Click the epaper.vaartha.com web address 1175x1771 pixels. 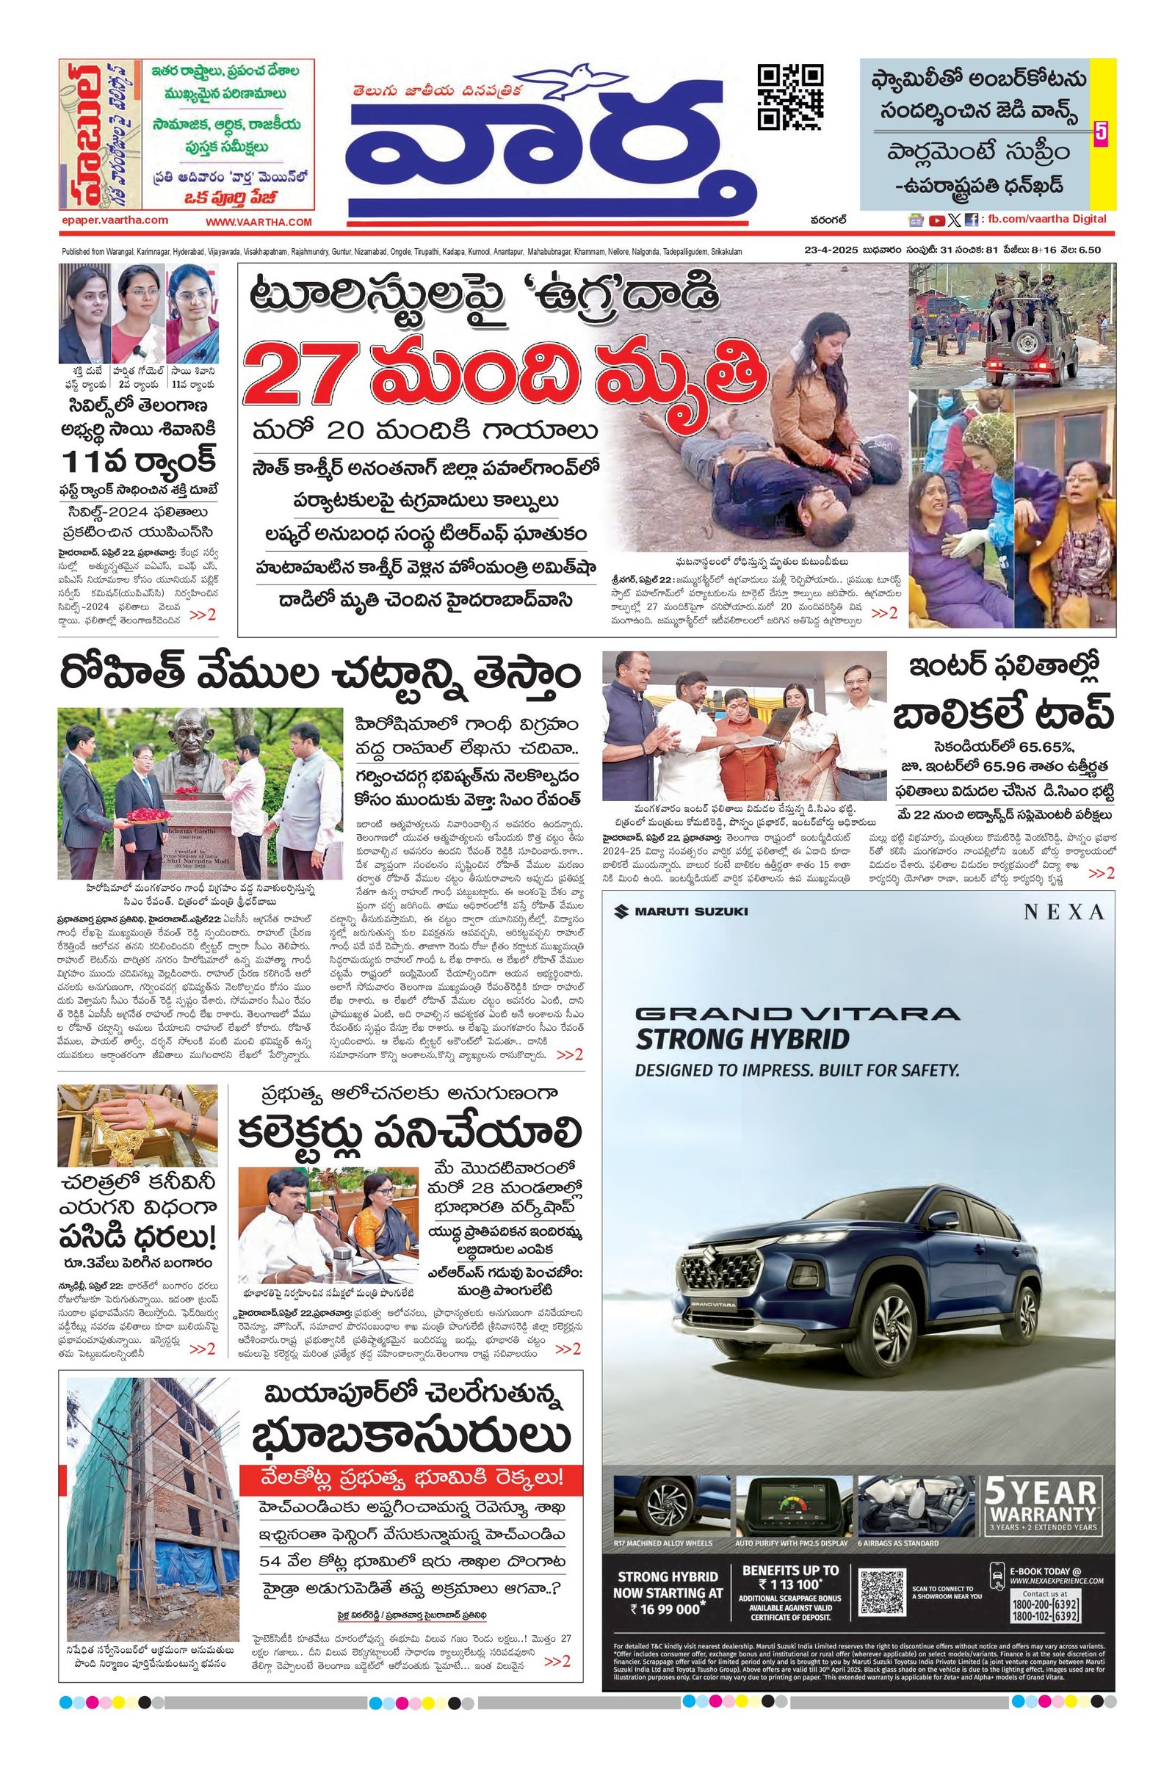[x=115, y=220]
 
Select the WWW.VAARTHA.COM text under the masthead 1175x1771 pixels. [x=258, y=222]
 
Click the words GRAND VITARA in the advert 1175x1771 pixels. [x=797, y=1014]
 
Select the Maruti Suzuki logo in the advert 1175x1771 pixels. [x=681, y=912]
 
